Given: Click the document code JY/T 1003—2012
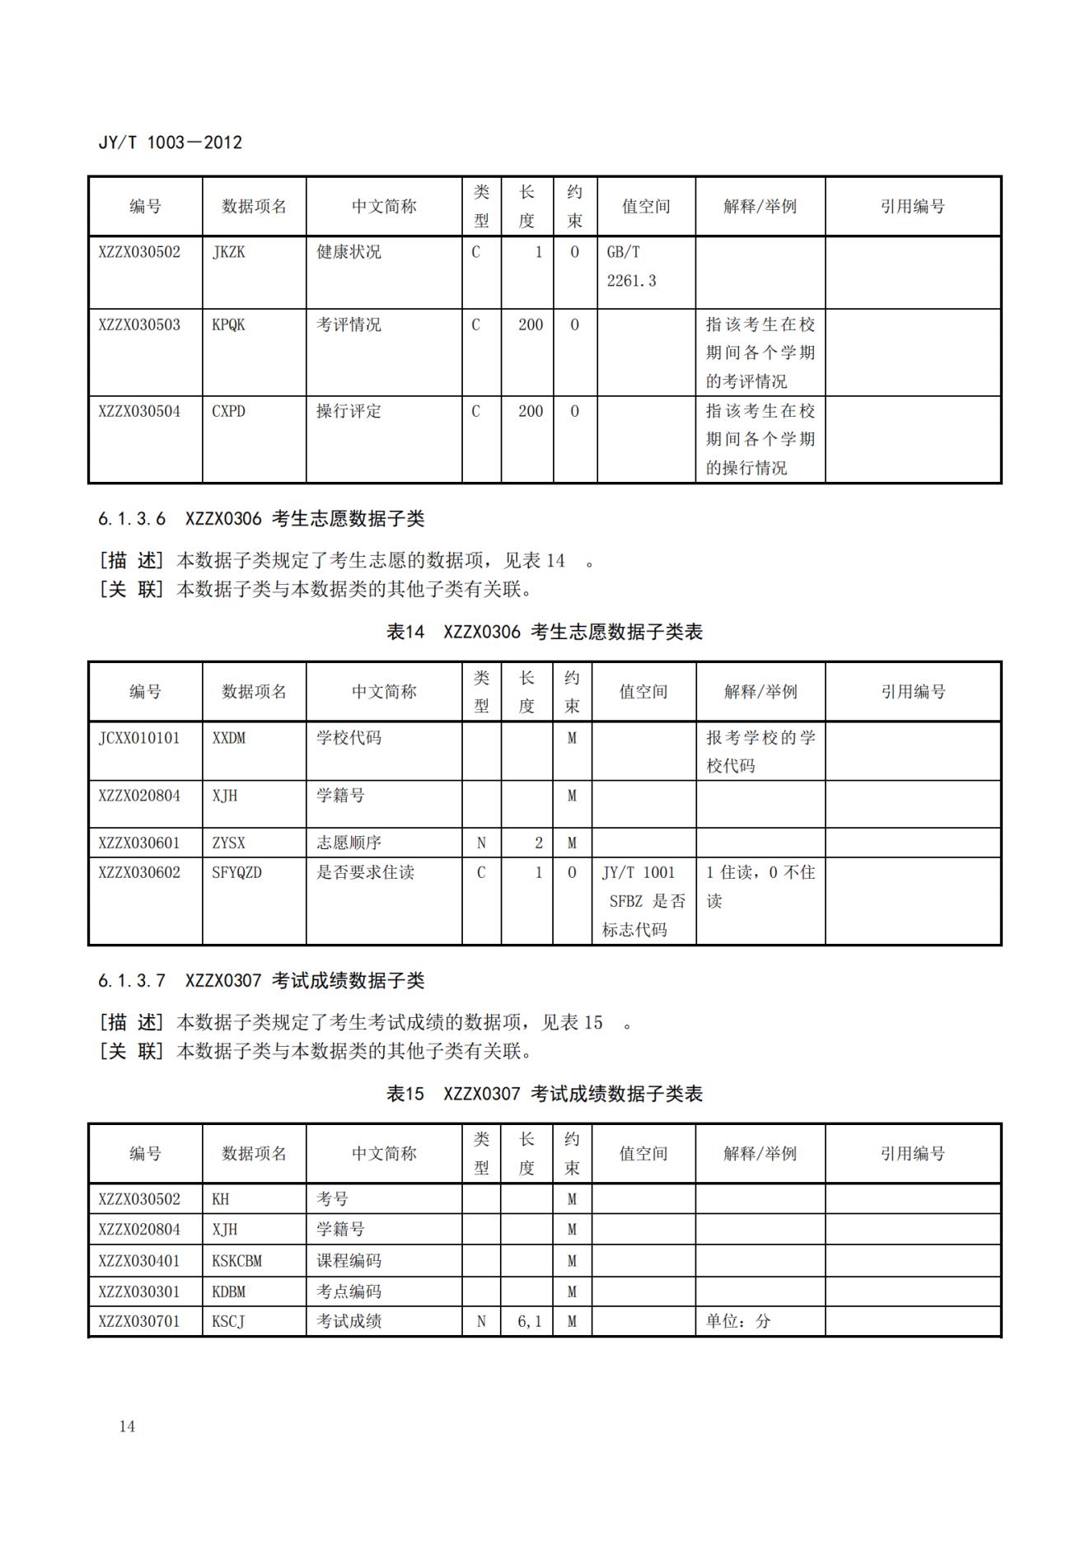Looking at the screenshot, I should (x=170, y=142).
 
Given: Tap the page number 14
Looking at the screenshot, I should (x=127, y=1427).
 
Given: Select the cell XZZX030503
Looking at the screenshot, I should (x=139, y=325).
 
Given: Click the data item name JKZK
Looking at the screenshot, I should (x=228, y=252).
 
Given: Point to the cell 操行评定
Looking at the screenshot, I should (x=349, y=411).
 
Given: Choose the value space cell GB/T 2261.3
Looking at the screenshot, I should (x=632, y=266).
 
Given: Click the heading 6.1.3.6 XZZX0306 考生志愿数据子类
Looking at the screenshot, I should (x=261, y=519).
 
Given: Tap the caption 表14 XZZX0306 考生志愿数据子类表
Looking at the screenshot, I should (x=544, y=632).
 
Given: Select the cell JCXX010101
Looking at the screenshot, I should (x=138, y=738).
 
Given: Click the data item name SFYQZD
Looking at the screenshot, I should (x=236, y=872).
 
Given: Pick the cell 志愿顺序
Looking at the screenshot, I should (x=349, y=843).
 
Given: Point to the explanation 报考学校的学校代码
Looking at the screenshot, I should (x=760, y=751).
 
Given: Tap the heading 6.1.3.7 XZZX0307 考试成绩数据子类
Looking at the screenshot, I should (x=261, y=981).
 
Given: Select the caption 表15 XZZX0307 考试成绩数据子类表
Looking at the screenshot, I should (x=544, y=1094).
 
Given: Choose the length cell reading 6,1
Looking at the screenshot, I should (x=529, y=1321).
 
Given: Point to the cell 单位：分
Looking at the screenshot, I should (x=738, y=1321).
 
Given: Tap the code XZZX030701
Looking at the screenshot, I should (x=138, y=1321).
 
